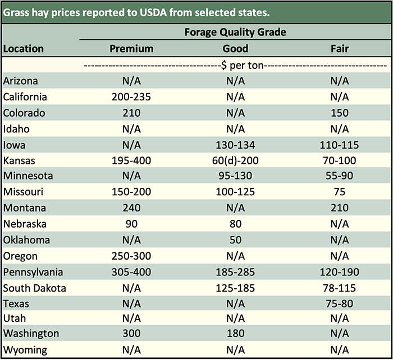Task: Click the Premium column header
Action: (131, 49)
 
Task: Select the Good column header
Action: (235, 49)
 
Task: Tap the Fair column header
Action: (340, 49)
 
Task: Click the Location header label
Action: (24, 49)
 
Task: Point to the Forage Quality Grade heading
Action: (235, 33)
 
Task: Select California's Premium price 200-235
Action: (131, 97)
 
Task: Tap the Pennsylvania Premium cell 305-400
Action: (131, 273)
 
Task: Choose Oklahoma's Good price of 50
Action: (235, 241)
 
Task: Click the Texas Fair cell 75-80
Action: (340, 304)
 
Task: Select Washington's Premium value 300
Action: (131, 334)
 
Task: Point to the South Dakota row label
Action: (35, 289)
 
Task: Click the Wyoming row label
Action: (25, 350)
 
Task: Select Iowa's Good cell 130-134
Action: (235, 145)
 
